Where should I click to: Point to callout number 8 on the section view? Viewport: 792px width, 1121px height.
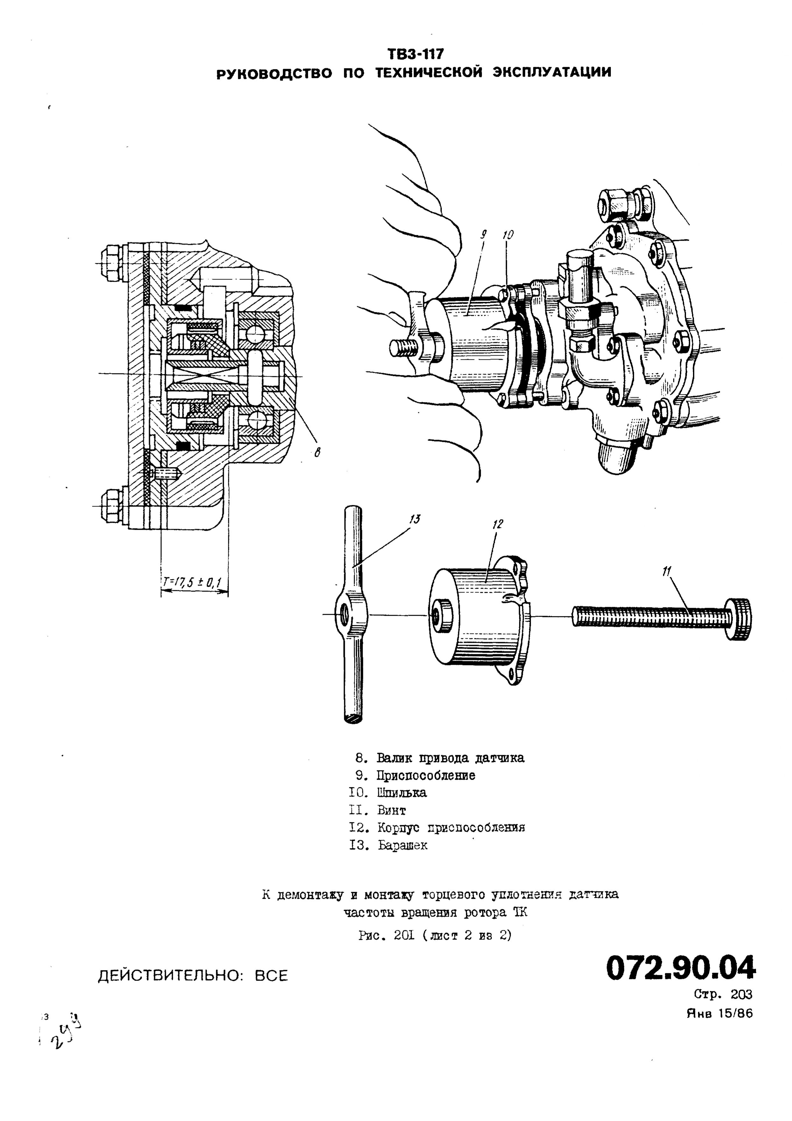pos(317,453)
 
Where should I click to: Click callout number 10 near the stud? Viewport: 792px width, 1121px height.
pos(508,235)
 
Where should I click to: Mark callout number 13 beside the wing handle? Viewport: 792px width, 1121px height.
pos(415,519)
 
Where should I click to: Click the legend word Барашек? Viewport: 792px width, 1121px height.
pos(403,846)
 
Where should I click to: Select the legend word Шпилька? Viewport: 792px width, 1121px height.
pos(402,793)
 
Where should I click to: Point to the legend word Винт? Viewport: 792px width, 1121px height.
pos(392,811)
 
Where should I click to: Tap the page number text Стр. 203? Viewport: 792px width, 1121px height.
pos(723,994)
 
